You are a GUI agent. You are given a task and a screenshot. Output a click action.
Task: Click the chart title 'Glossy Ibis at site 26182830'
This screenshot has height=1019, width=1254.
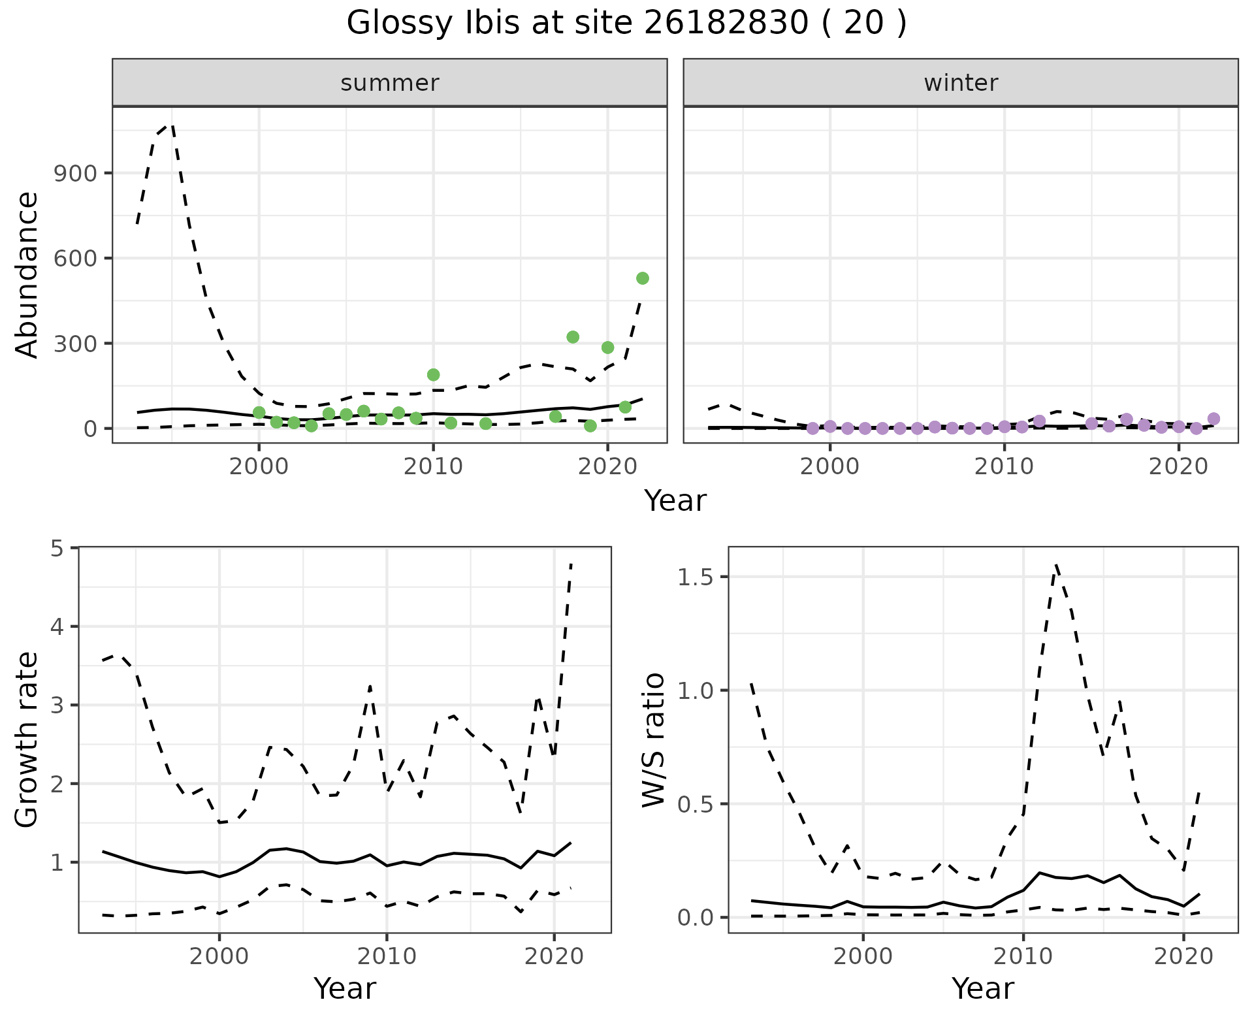pyautogui.click(x=626, y=24)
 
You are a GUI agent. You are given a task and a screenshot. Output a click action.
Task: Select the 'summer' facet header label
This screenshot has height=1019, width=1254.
pyautogui.click(x=390, y=83)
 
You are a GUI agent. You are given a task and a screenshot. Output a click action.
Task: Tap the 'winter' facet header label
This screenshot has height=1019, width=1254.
pyautogui.click(x=961, y=83)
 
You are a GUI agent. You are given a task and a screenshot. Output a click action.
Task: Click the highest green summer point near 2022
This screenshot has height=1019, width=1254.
pyautogui.click(x=642, y=278)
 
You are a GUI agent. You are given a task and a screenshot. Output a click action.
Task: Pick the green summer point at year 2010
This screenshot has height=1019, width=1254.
pyautogui.click(x=433, y=374)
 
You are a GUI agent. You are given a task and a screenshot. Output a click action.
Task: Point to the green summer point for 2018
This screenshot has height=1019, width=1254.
pyautogui.click(x=573, y=337)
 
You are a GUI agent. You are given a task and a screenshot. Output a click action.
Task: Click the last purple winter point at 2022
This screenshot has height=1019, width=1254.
pyautogui.click(x=1214, y=419)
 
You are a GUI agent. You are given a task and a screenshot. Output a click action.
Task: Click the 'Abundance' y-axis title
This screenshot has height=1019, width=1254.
pyautogui.click(x=27, y=274)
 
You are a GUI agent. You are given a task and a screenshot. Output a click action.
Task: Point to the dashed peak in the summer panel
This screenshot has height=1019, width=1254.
pyautogui.click(x=171, y=124)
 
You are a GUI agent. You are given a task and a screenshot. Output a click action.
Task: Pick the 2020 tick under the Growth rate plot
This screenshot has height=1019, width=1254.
pyautogui.click(x=554, y=956)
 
